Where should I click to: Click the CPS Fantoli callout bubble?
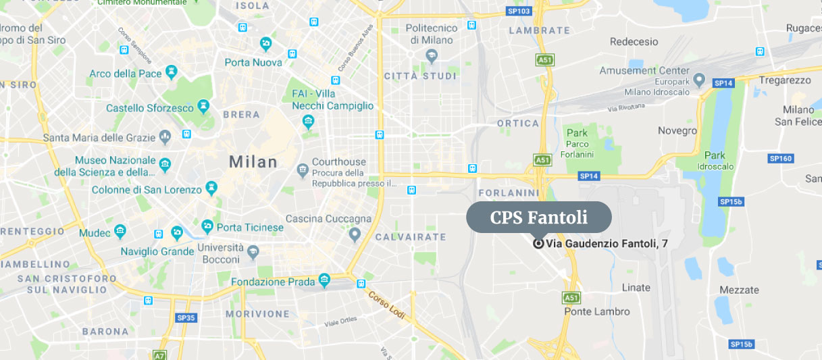point(538,217)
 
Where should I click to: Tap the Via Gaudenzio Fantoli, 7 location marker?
point(538,244)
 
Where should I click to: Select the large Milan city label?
point(253,162)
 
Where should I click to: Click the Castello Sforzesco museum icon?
point(203,107)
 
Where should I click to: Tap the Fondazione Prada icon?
point(325,280)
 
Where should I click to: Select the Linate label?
point(636,288)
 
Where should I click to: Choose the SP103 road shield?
point(518,11)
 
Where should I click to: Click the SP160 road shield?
point(780,159)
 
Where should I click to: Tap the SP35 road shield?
point(186,317)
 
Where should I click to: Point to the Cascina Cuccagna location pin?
point(355,234)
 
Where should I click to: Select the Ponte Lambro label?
point(597,312)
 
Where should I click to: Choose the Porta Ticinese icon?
point(207,225)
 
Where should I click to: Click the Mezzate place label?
point(739,290)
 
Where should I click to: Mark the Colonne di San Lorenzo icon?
point(212,187)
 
